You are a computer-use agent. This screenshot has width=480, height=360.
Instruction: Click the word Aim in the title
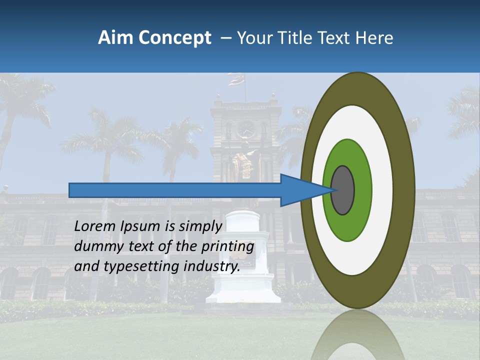point(115,38)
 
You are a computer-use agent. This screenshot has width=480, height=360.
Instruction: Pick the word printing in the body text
point(228,247)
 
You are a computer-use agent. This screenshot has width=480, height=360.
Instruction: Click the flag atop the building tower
point(236,79)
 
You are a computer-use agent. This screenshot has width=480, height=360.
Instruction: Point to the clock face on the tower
point(246,129)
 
